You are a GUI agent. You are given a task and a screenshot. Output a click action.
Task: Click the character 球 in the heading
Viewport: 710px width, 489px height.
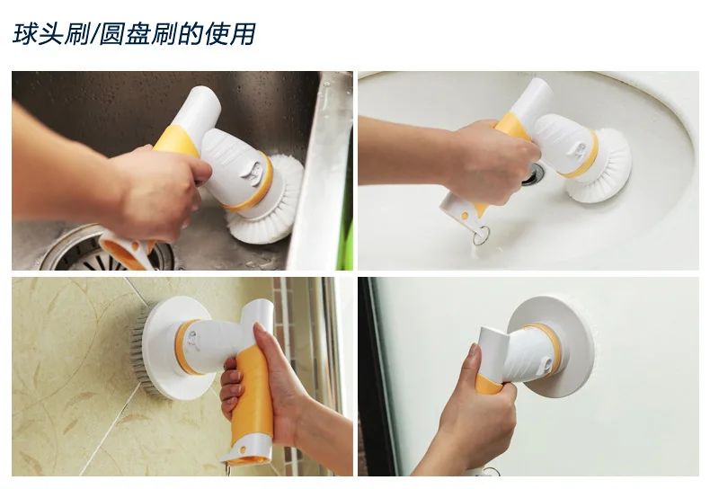tap(24, 34)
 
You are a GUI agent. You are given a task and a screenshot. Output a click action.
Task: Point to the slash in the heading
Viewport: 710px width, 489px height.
tap(94, 34)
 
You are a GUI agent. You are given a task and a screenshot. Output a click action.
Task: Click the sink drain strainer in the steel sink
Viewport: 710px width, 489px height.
tap(105, 250)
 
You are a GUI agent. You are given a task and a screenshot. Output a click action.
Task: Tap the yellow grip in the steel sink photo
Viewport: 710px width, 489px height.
tap(177, 141)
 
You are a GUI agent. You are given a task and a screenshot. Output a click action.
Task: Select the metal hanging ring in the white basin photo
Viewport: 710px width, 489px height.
tap(481, 235)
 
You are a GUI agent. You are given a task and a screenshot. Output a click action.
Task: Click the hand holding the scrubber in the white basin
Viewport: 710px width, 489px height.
tap(490, 161)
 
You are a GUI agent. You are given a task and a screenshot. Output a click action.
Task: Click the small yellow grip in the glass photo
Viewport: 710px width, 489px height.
tap(489, 384)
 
